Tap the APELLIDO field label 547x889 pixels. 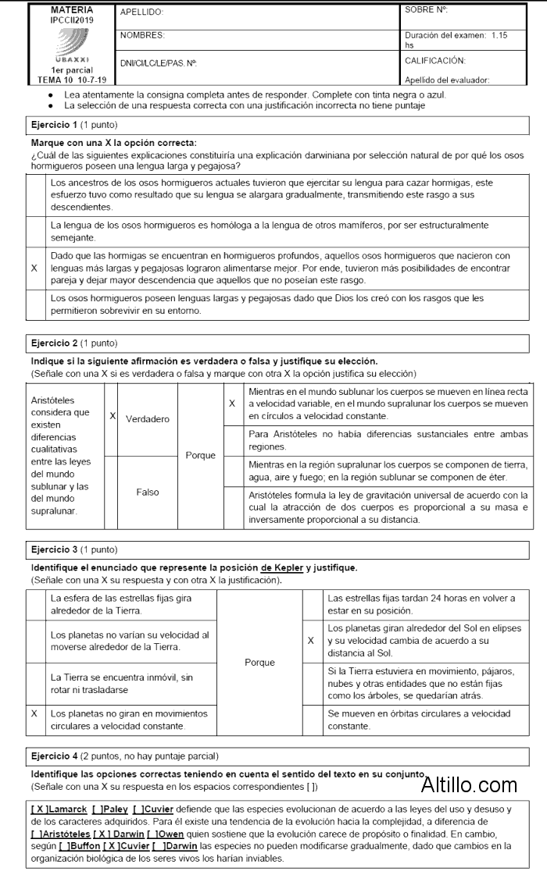tap(142, 12)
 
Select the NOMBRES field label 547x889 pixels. tap(143, 36)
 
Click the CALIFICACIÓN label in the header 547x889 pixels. tap(435, 60)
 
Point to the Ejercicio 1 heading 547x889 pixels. tap(54, 125)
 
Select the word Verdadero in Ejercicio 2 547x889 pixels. tap(148, 419)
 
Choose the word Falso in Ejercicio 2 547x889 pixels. tap(148, 492)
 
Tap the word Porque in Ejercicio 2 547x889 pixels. tap(200, 455)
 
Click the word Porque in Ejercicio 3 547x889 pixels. tap(259, 663)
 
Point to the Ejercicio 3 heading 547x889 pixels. tap(54, 549)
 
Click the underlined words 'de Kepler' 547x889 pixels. tap(282, 567)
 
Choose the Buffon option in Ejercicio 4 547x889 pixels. tap(80, 846)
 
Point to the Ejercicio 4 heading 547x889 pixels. tap(54, 756)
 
